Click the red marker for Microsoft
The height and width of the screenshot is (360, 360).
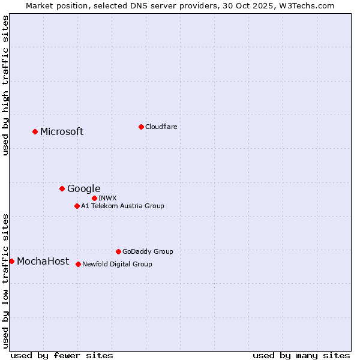pos(35,131)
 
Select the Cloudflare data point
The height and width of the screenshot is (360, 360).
pos(141,127)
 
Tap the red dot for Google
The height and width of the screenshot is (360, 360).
pos(62,188)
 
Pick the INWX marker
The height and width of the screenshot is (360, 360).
pos(94,198)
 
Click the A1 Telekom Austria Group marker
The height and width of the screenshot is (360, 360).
pos(77,206)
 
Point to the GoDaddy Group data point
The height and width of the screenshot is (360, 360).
pos(118,251)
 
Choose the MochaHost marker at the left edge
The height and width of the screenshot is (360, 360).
pos(11,261)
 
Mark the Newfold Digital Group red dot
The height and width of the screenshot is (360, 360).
pos(78,264)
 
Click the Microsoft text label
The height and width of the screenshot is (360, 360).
pos(62,132)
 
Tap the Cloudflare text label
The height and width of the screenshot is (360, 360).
pos(161,127)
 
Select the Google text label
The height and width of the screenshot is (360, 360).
pos(84,189)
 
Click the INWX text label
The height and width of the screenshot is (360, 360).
pos(108,198)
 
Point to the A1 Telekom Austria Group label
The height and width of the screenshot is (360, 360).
pos(122,206)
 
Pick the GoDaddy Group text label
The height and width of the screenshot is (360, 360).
pos(148,251)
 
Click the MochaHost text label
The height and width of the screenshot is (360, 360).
pos(43,261)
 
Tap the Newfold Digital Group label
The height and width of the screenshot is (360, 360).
pos(117,264)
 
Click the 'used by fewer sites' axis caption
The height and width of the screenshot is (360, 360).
pos(62,355)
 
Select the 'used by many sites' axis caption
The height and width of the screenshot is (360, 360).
pos(301,355)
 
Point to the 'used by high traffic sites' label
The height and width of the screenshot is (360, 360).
pos(5,85)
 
